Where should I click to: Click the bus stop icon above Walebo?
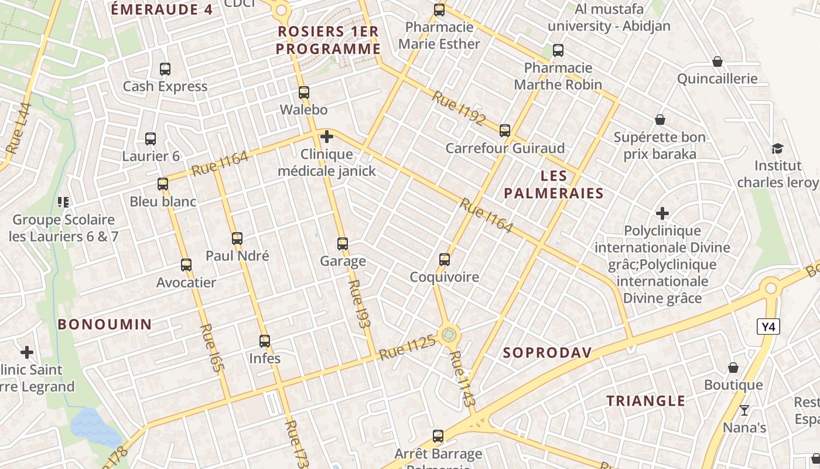[303, 92]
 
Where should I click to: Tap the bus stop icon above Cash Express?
[165, 69]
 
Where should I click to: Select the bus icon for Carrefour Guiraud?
[505, 130]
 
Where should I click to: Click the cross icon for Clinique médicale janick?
[327, 137]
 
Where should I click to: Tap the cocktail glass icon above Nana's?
[744, 410]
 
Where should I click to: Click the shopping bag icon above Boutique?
[733, 368]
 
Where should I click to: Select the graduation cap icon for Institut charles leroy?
[777, 148]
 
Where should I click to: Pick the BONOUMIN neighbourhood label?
[105, 324]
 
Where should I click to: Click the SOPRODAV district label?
[548, 352]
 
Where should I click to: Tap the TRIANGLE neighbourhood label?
[645, 401]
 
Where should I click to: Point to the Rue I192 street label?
[459, 108]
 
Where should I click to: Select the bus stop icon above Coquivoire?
[445, 259]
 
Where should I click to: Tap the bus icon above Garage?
[343, 243]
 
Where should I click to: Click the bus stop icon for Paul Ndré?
[237, 238]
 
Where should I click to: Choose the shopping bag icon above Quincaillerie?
[717, 62]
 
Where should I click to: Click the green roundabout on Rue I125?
[449, 334]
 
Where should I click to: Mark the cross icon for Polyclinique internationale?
[662, 213]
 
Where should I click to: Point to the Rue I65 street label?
[212, 348]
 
